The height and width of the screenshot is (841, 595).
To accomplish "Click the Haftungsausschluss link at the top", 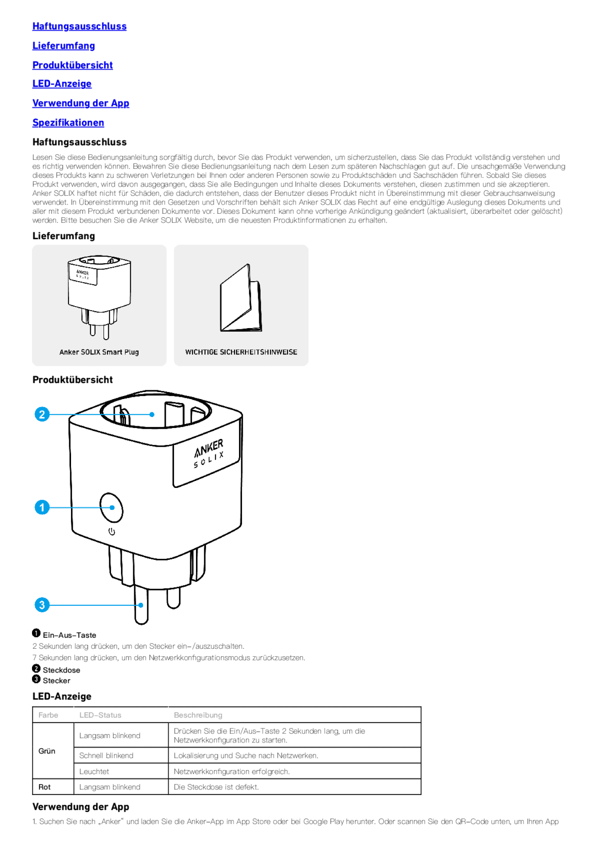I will (79, 26).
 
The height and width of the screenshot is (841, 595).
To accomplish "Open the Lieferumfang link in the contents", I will (64, 46).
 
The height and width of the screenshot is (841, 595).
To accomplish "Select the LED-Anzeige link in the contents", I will (62, 84).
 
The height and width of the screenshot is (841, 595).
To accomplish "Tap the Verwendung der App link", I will (81, 103).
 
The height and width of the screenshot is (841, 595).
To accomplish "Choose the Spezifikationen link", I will (68, 123).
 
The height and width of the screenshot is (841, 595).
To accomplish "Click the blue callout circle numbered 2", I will (42, 414).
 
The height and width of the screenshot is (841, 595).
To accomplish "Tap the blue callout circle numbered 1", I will (42, 508).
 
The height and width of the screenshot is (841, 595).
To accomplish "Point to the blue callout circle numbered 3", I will (42, 605).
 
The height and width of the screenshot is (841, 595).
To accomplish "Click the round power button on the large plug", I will (111, 508).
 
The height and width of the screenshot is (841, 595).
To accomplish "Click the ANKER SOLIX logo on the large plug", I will (208, 453).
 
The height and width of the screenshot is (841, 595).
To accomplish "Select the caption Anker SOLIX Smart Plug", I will (99, 352).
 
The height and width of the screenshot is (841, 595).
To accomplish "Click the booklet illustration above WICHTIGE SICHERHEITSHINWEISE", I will (241, 299).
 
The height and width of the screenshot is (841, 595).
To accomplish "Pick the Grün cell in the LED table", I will (47, 751).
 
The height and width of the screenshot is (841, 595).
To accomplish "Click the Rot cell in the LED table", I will (45, 787).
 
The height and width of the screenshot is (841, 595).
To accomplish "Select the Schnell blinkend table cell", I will (106, 756).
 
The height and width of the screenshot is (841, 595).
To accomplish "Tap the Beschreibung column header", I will (198, 715).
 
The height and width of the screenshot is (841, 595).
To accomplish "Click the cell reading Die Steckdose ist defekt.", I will (216, 787).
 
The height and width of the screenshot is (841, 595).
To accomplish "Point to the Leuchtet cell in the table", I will (94, 771).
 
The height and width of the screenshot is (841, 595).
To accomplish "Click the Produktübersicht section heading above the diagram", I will (73, 380).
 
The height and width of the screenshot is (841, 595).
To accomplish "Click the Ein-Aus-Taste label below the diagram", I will (69, 635).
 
